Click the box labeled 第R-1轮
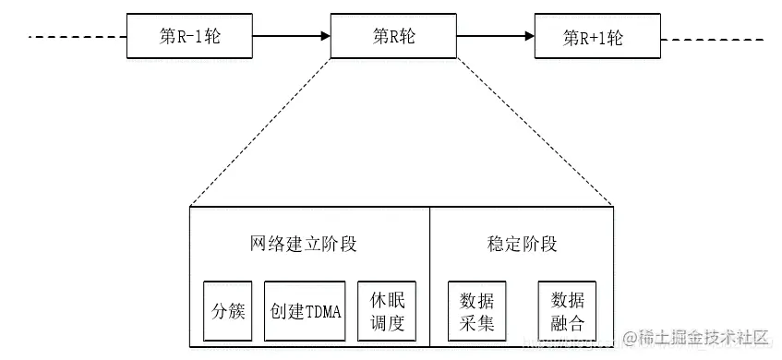click(x=188, y=36)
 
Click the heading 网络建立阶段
click(x=304, y=245)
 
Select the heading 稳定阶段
click(x=522, y=245)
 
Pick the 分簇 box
click(x=228, y=311)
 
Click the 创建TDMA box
click(x=306, y=311)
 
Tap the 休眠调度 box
click(x=387, y=312)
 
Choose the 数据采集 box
click(x=476, y=312)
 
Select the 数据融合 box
click(x=567, y=312)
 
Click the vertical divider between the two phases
click(x=429, y=277)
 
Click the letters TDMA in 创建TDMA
click(x=322, y=311)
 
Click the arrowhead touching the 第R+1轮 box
click(x=529, y=37)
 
